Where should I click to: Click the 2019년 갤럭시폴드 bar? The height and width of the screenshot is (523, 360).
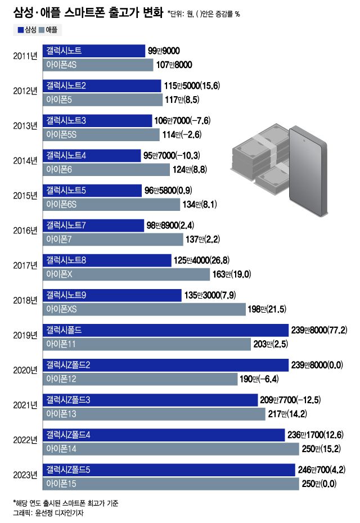pos(165,330)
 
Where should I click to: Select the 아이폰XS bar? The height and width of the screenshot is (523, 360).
pos(144,309)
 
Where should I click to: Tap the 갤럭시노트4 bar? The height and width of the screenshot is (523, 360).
pos(91,155)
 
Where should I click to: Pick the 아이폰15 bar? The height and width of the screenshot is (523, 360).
pos(170,484)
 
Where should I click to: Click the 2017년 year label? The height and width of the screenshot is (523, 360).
pos(25,265)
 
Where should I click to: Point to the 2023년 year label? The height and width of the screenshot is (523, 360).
pos(25,475)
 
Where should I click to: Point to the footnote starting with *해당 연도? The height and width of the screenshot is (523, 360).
pos(66,502)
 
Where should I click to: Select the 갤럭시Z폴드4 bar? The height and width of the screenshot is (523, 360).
pos(163,435)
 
